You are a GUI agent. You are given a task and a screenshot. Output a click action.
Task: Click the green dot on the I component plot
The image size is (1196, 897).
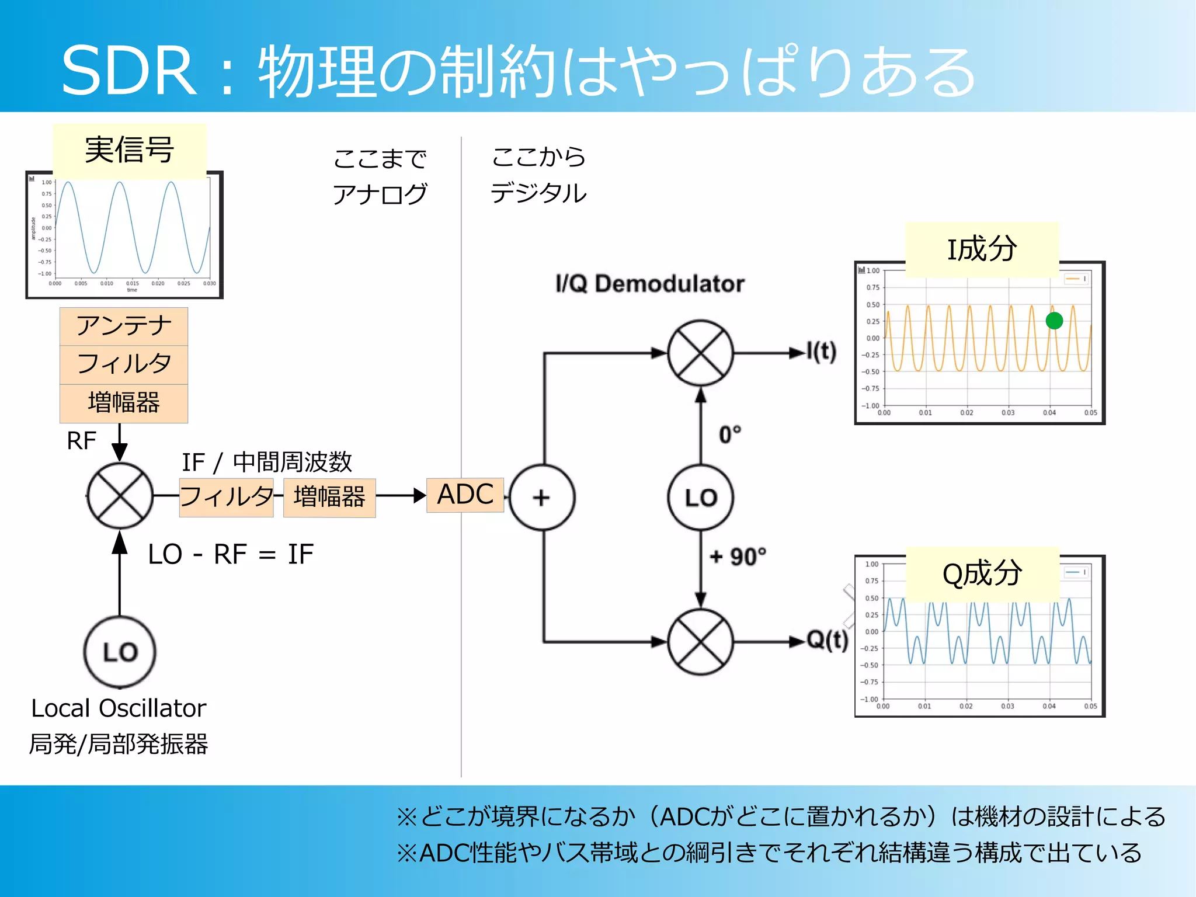[1054, 321]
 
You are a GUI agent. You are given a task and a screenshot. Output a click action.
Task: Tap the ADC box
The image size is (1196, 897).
[465, 495]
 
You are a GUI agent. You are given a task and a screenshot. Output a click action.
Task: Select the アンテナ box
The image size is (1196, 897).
[124, 326]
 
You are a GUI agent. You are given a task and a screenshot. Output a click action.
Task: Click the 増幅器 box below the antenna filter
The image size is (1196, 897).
[124, 403]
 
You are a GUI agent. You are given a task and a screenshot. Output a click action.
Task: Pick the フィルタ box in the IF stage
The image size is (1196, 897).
[226, 497]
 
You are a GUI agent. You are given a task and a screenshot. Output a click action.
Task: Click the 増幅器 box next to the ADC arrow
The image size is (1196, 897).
[329, 498]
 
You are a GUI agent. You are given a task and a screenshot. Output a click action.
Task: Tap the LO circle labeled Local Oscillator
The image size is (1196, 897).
[120, 652]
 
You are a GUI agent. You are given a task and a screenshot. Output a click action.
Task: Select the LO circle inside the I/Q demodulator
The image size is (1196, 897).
[700, 498]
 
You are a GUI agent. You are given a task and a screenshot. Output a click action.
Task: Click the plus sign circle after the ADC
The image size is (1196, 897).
[542, 498]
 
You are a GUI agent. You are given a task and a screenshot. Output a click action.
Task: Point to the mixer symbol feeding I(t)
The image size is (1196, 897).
[700, 353]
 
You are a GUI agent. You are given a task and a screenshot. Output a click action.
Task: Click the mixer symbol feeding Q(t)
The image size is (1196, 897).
[700, 642]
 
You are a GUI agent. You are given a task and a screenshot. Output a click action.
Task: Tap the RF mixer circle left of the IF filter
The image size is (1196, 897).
[120, 496]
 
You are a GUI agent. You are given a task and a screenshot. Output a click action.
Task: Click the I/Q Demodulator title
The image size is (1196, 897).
[649, 284]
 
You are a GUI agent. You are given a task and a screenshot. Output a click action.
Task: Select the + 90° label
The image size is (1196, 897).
[737, 557]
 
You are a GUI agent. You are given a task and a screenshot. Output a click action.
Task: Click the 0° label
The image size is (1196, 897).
[729, 434]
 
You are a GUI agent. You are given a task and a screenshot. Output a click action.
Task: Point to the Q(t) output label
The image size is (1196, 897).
[827, 640]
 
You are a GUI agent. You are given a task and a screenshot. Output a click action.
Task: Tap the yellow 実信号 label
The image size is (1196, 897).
[130, 150]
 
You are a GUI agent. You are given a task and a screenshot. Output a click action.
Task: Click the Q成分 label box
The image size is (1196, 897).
[982, 573]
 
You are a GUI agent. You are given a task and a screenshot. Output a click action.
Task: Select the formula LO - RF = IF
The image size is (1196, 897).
[231, 554]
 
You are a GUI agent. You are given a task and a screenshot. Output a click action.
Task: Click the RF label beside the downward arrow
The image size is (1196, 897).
[81, 441]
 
